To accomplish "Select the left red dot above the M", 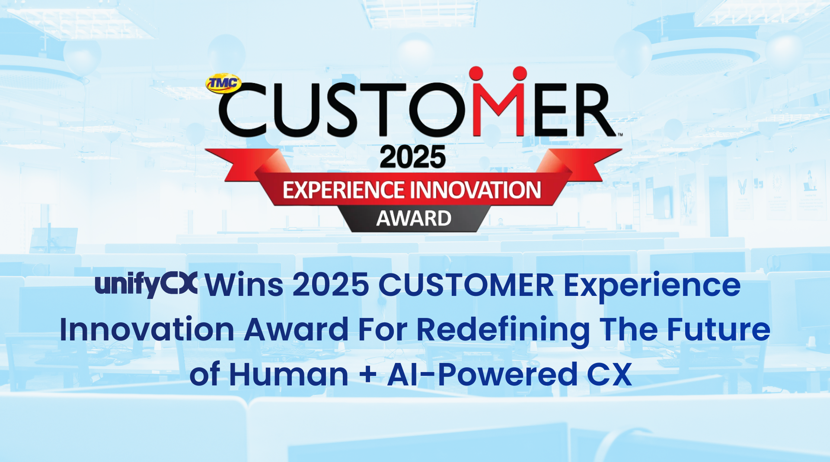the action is click(x=476, y=74).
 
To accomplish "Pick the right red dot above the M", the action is click(x=520, y=74).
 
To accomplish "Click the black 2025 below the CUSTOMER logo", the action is click(x=412, y=157).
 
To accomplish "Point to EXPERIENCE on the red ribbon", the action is click(x=343, y=190).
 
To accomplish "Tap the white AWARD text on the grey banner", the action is click(x=414, y=218).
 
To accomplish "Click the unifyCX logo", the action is click(x=146, y=284).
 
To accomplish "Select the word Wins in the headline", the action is click(x=244, y=285).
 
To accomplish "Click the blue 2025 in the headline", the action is click(x=331, y=285).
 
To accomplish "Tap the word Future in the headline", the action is click(x=718, y=330).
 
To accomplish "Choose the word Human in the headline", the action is click(x=288, y=375).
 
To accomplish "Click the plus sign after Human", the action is click(x=367, y=375).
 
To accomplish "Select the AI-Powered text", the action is click(x=482, y=375).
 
